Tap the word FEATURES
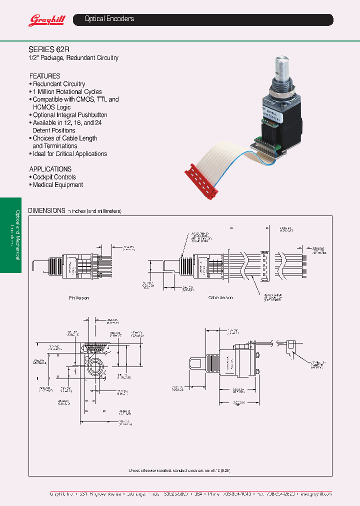pos(44,76)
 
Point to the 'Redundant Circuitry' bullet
pos(58,84)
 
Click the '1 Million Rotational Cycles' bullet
pos(67,92)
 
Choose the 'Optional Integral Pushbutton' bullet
pos(69,115)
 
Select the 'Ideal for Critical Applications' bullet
pos(69,154)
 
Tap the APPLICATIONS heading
pos(50,169)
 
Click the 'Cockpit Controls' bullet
pos(54,177)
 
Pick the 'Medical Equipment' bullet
pos(57,185)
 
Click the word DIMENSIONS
pos(46,210)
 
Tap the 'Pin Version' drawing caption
pos(78,297)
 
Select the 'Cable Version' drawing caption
pos(220,297)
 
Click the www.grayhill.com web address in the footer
pos(315,493)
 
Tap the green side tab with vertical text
pos(10,235)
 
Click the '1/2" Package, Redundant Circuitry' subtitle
pos(73,58)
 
